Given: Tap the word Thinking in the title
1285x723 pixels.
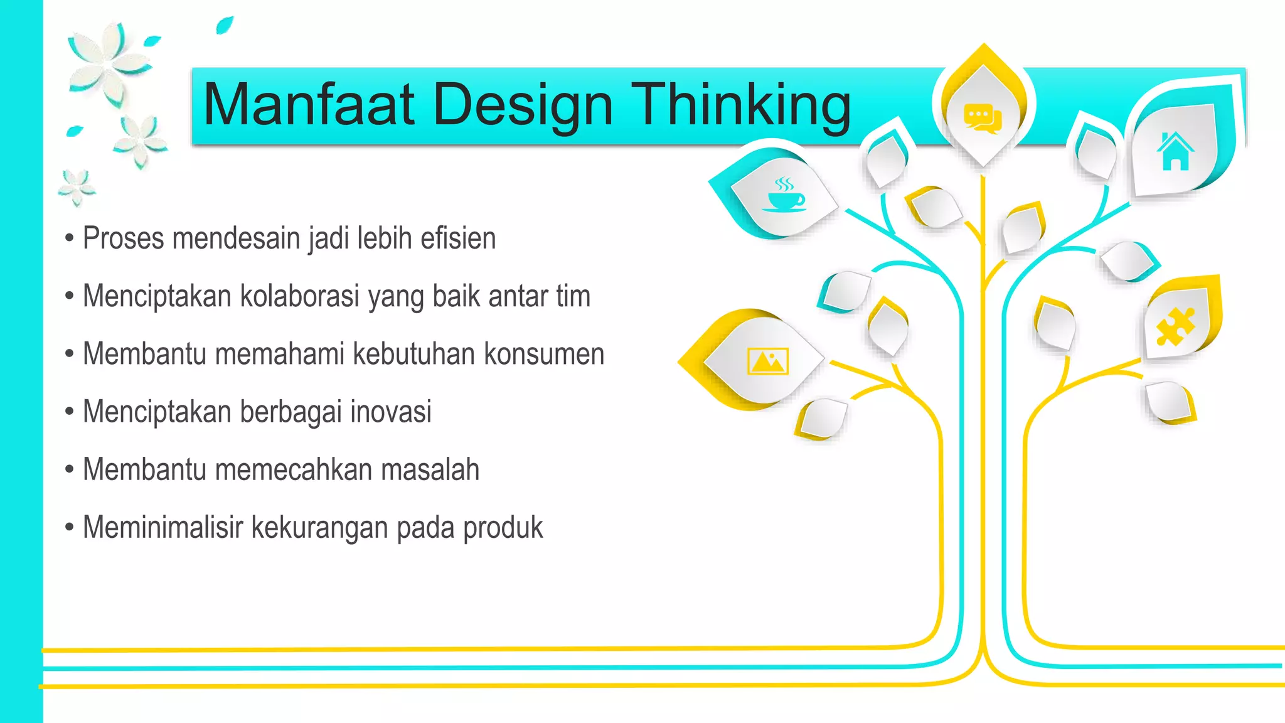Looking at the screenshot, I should tap(741, 104).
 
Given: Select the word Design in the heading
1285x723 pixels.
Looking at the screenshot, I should tap(523, 105).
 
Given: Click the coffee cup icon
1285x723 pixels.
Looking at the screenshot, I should tap(784, 195).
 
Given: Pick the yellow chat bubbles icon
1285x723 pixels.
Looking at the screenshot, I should tap(983, 118).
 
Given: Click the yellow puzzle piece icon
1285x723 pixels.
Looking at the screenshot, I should tap(1176, 326).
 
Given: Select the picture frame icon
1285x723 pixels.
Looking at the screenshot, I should tap(767, 361).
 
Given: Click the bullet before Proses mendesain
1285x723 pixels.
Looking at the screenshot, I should tap(70, 238).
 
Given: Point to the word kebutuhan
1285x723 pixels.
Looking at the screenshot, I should tap(413, 354).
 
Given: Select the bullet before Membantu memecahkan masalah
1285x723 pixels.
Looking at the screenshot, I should tap(70, 469).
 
